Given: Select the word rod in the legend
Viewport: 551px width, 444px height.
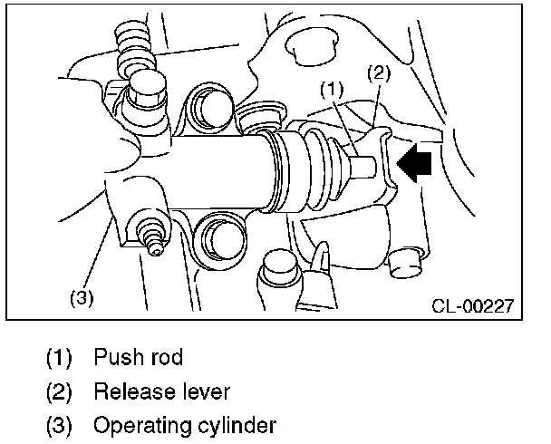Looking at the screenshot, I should tap(163, 357).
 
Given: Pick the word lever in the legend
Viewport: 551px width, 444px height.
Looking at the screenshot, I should tap(205, 391).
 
